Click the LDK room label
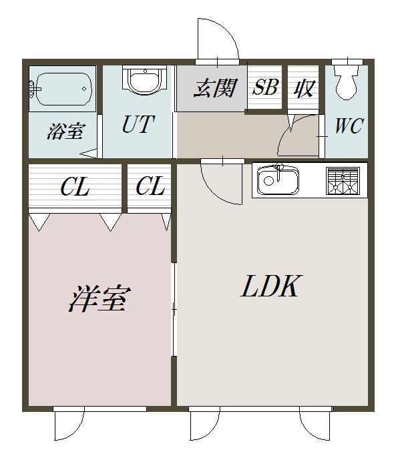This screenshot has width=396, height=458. [270, 286]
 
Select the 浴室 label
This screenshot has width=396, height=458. [66, 131]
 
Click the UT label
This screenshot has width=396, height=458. [138, 124]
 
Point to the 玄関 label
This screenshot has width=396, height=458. [215, 88]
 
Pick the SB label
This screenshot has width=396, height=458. [265, 87]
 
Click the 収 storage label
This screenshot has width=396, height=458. [305, 88]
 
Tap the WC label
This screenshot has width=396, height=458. [349, 126]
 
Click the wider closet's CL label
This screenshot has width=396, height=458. [75, 187]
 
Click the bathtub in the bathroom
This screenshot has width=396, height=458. [63, 89]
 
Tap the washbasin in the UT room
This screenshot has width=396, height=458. [145, 80]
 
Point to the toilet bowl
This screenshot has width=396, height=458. [347, 83]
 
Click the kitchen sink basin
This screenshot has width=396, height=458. [278, 180]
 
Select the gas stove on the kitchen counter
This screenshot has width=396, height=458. [343, 181]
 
